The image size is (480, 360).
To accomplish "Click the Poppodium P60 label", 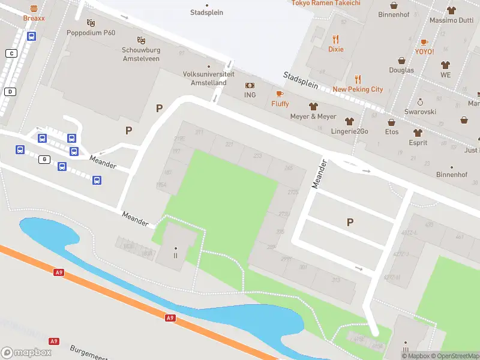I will click(x=91, y=33).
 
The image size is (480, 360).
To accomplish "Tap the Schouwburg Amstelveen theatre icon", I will click(x=142, y=40).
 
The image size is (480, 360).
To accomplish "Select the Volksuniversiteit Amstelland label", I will click(x=205, y=79).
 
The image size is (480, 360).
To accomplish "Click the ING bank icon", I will click(x=250, y=86).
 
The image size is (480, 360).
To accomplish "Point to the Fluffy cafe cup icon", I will click(x=280, y=94).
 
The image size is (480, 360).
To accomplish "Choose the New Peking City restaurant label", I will click(x=358, y=89).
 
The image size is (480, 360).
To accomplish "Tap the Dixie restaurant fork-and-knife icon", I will click(x=336, y=38).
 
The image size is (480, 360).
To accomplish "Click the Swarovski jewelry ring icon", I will click(x=421, y=102).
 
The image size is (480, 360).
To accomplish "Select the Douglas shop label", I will click(x=401, y=70).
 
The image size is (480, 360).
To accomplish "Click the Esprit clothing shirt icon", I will click(x=418, y=133).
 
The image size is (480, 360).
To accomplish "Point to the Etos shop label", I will click(x=391, y=131).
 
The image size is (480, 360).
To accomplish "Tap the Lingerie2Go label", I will click(x=349, y=131).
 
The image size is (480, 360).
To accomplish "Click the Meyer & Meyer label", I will click(x=313, y=116).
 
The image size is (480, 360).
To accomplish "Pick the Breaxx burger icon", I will click(x=34, y=8).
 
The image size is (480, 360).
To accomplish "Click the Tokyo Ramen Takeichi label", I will click(x=326, y=3).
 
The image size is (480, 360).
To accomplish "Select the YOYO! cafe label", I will click(x=424, y=52).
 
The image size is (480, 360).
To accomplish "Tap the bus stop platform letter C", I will click(x=11, y=53).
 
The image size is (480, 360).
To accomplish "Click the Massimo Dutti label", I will click(x=451, y=20).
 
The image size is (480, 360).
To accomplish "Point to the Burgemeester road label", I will click(x=90, y=352).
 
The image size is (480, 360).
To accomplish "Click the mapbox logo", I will click(x=26, y=353).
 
